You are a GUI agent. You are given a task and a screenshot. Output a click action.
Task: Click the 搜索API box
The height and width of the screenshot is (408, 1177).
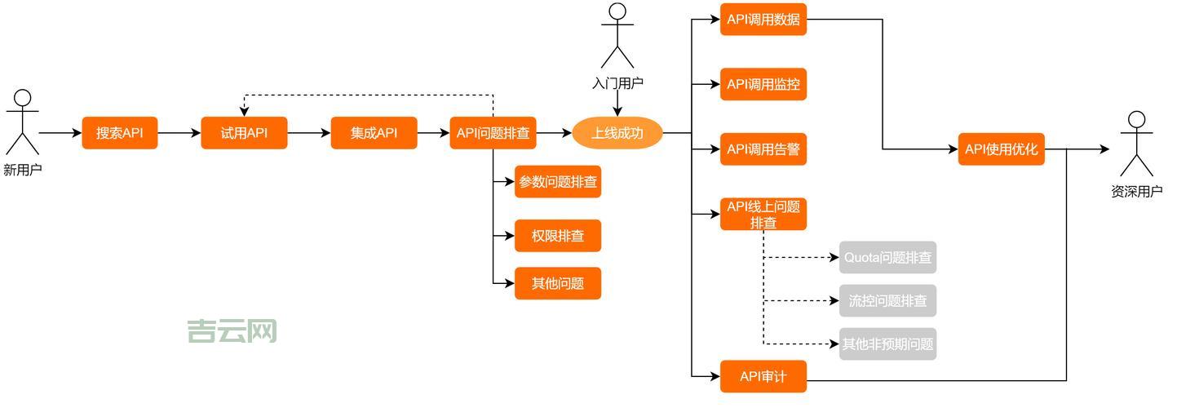point(119,133)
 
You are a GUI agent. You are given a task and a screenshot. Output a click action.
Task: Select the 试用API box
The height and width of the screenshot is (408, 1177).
point(244,133)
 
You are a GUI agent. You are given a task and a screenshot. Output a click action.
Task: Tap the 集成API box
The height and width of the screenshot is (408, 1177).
point(374,133)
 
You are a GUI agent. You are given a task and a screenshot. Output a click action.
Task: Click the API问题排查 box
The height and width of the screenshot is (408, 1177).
point(493,133)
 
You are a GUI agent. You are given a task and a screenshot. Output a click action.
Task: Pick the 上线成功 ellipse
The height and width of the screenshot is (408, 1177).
point(617,133)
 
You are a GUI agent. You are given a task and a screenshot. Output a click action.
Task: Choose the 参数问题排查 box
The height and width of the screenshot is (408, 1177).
point(558,182)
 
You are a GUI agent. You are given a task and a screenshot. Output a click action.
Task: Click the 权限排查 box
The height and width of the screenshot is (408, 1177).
point(558,236)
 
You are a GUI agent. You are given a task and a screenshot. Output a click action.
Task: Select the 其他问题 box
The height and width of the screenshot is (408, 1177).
point(558,283)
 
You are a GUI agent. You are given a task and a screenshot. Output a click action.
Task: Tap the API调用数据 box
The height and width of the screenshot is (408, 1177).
point(763,19)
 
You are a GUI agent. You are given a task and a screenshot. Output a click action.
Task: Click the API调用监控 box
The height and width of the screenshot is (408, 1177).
point(763,84)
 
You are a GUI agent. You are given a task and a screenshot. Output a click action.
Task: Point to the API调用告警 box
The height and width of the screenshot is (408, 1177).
point(763,149)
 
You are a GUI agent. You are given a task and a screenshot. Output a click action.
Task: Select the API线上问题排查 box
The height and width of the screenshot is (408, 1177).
point(763,214)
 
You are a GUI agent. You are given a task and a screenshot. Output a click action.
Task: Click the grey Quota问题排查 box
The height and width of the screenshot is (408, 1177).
point(887,258)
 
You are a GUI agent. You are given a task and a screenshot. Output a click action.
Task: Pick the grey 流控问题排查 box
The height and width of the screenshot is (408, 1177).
point(887,301)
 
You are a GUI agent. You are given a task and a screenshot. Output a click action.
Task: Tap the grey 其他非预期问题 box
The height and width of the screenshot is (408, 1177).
point(887,344)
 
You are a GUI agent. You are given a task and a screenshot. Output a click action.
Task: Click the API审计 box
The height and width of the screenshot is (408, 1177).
point(763,376)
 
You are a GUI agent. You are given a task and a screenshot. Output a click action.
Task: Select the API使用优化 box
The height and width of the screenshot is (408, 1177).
point(1001,149)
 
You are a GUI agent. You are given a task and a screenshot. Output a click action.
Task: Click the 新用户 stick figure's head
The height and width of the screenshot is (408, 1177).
point(23,99)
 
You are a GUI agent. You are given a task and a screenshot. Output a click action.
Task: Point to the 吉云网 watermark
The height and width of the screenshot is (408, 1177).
point(232,331)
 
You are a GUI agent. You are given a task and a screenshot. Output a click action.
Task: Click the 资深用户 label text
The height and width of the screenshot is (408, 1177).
point(1136,192)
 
